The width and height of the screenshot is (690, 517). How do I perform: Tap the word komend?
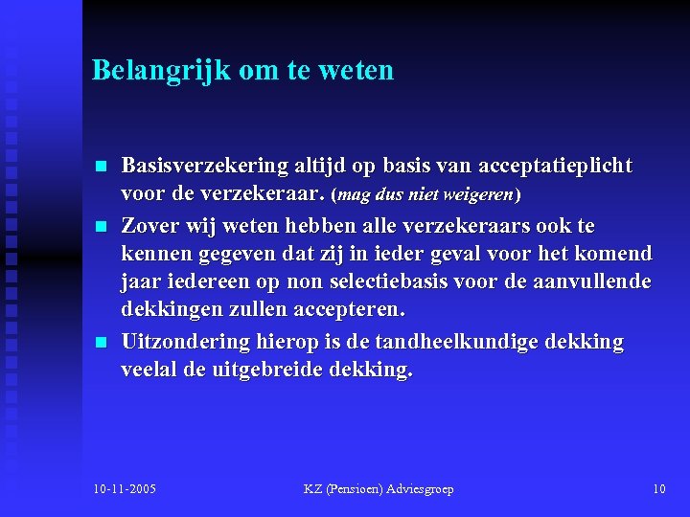616,255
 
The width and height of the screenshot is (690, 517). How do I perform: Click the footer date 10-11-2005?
125,489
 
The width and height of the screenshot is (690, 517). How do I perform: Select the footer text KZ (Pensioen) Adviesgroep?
379,489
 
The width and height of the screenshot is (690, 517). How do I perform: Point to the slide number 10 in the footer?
658,489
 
